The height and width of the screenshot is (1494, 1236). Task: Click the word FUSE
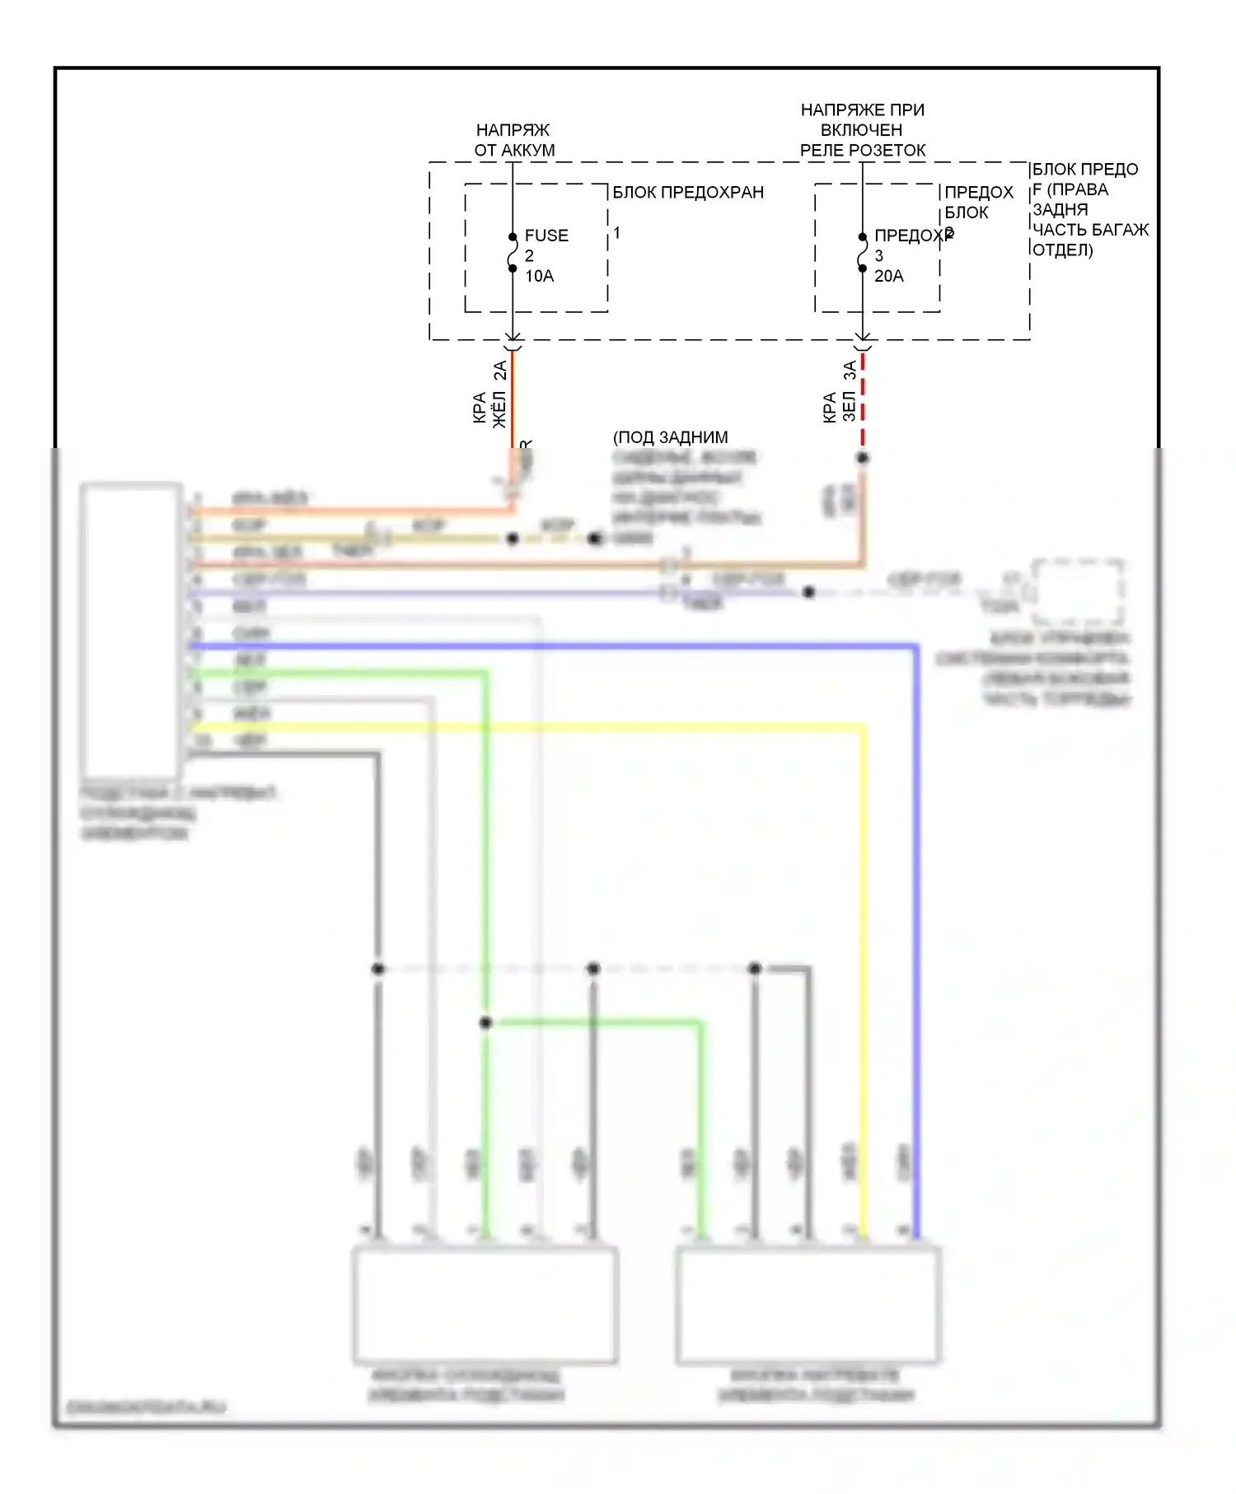[x=546, y=236]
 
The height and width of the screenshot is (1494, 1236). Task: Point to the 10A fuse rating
[x=540, y=277]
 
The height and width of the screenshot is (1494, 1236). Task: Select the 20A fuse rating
[x=888, y=277]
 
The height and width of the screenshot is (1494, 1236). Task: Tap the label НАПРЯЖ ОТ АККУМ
[x=514, y=140]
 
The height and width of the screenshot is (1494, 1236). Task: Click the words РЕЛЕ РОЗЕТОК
[x=863, y=151]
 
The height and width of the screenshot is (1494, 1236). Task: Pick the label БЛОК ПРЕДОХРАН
[x=688, y=193]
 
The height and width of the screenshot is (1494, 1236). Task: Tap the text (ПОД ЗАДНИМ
[x=671, y=437]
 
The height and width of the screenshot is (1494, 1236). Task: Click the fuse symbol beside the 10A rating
[x=513, y=253]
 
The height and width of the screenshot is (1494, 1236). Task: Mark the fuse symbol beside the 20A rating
[x=862, y=253]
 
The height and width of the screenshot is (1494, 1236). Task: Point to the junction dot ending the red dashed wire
[x=863, y=458]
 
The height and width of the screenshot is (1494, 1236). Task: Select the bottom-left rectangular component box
[x=485, y=1305]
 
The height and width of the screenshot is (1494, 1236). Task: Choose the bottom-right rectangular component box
[x=808, y=1305]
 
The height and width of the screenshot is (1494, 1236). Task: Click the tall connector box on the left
[x=132, y=630]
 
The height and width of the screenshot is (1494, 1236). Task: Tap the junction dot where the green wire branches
[x=486, y=1023]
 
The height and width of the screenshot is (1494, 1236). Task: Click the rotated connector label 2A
[x=500, y=371]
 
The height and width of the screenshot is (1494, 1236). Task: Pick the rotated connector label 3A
[x=850, y=371]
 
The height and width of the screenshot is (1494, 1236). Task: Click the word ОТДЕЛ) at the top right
[x=1063, y=250]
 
